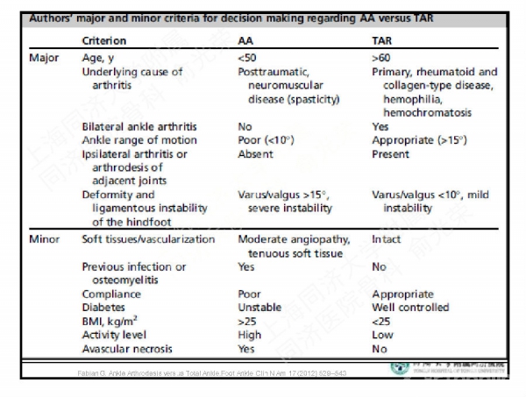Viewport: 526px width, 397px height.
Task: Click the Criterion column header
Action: tap(103, 40)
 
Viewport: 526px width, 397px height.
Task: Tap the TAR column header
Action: tap(383, 40)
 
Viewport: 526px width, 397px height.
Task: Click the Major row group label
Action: tap(45, 59)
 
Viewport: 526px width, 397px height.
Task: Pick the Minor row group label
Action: tap(45, 238)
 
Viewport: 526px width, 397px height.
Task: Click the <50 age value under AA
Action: tap(248, 59)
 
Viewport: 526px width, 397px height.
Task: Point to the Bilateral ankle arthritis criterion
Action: tap(139, 127)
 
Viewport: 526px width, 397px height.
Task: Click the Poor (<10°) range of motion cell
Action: tap(267, 140)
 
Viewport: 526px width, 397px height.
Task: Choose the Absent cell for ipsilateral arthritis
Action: tap(255, 153)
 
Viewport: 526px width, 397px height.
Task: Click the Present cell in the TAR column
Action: tap(390, 153)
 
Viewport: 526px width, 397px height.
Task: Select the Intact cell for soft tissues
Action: tap(386, 238)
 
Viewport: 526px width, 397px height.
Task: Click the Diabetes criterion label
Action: tap(105, 308)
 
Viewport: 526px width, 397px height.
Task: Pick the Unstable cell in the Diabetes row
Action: tap(259, 308)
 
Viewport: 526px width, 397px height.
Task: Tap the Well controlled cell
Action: tap(410, 308)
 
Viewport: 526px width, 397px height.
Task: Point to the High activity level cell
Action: tap(250, 335)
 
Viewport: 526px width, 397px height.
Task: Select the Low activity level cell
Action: tap(382, 335)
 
